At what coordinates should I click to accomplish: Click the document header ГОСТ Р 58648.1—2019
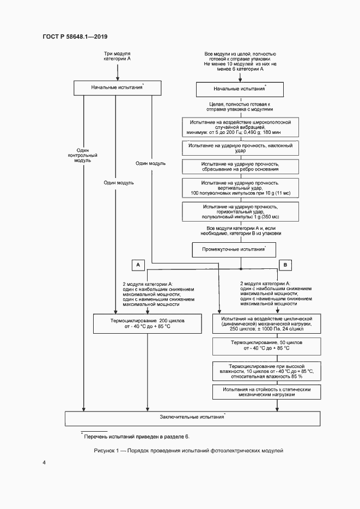click(75, 37)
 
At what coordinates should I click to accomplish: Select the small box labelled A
click(138, 264)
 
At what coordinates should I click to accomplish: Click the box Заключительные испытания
click(192, 418)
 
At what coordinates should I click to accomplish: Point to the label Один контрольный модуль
click(83, 156)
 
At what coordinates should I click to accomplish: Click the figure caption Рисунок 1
click(189, 451)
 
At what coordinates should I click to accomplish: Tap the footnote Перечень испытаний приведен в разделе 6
click(136, 437)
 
